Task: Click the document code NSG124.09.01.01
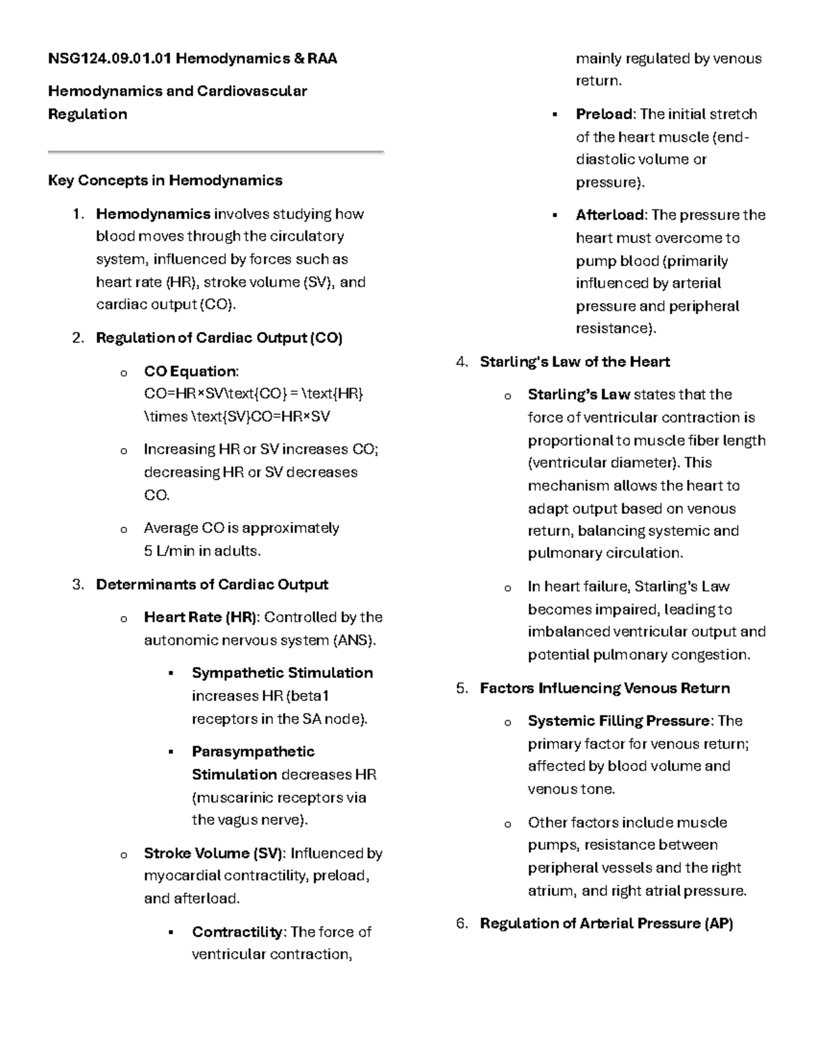(x=109, y=58)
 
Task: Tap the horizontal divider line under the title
(x=216, y=152)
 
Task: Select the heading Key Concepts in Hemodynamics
(x=165, y=181)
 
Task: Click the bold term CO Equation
(x=190, y=371)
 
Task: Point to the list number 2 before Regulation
(x=78, y=338)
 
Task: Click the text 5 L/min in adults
(x=202, y=551)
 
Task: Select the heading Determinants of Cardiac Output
(x=212, y=585)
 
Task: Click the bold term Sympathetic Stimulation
(x=282, y=673)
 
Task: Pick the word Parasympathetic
(x=253, y=752)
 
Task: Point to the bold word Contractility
(x=237, y=932)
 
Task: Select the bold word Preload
(x=605, y=114)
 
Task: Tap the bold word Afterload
(x=611, y=215)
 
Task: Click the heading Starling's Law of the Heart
(x=575, y=362)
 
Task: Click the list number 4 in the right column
(x=462, y=362)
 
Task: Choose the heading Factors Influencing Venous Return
(x=605, y=688)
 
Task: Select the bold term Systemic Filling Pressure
(x=618, y=721)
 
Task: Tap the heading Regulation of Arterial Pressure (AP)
(x=606, y=923)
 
